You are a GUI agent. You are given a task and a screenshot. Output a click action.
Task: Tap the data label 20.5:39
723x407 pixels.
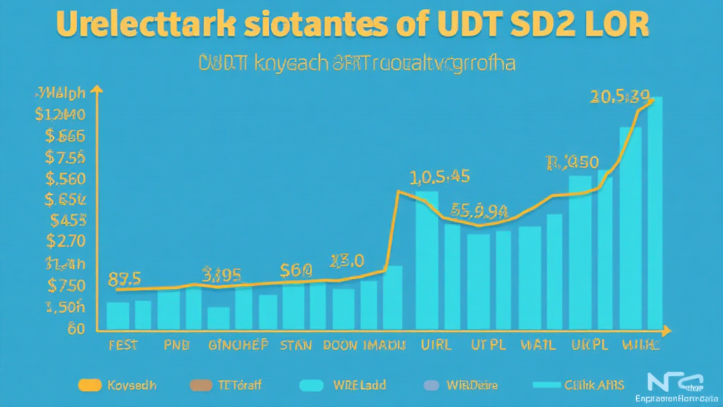point(620,96)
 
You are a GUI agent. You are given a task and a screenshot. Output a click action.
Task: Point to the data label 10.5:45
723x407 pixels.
point(439,176)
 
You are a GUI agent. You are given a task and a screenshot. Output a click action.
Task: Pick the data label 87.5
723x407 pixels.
point(124,278)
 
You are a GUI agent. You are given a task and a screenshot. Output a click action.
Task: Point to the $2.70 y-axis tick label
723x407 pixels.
point(65,241)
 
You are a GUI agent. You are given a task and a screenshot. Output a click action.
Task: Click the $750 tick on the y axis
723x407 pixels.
point(65,285)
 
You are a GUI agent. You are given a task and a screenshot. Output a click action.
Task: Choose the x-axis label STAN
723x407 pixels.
point(295,346)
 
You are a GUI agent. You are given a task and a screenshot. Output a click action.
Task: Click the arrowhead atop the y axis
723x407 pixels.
point(97,90)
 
